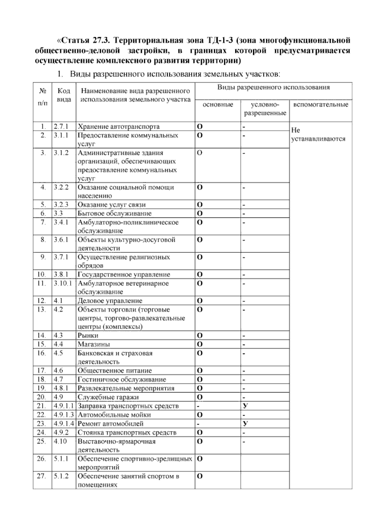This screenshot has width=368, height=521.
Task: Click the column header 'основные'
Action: tap(218, 105)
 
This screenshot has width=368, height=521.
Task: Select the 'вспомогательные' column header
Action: tap(320, 105)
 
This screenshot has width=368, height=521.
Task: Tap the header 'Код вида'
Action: tap(64, 95)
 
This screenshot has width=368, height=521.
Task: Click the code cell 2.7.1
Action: tap(61, 126)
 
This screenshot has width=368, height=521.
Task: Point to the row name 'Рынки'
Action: tap(88, 335)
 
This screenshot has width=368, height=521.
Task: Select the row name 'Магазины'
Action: tap(94, 344)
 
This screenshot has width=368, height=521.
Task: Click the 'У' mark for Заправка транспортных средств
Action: tap(245, 406)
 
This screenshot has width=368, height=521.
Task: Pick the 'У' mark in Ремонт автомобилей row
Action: tap(245, 424)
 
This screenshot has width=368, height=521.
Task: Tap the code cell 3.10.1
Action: tap(63, 283)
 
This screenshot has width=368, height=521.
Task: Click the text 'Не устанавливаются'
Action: tap(318, 134)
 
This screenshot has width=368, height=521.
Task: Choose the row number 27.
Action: tap(41, 476)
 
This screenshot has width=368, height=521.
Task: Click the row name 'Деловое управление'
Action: tap(110, 301)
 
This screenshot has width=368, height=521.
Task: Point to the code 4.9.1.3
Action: tap(64, 415)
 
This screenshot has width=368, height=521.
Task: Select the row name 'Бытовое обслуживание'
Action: tap(114, 213)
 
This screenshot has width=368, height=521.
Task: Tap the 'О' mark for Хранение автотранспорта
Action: tap(200, 126)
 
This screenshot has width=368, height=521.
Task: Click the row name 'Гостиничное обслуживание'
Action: tap(121, 380)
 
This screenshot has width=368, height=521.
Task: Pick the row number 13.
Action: tap(41, 309)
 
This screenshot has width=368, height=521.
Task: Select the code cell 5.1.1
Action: tap(61, 459)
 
